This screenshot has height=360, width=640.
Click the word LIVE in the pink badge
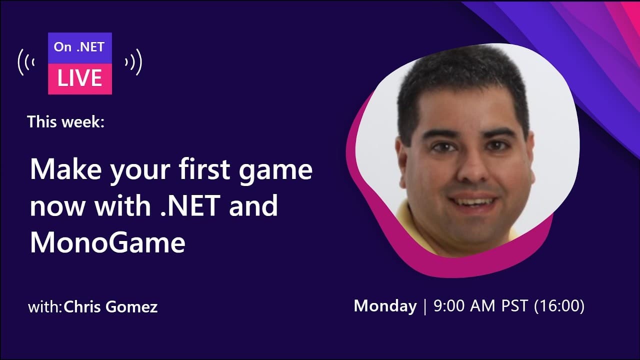point(80,78)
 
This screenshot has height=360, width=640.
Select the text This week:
point(66,121)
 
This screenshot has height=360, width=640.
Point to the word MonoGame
point(107,243)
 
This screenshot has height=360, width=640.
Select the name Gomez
point(131,306)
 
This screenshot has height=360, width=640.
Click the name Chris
point(83,306)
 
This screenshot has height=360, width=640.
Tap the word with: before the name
point(45,306)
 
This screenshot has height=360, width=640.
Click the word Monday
point(385,306)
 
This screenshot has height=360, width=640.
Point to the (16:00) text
point(559,306)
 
